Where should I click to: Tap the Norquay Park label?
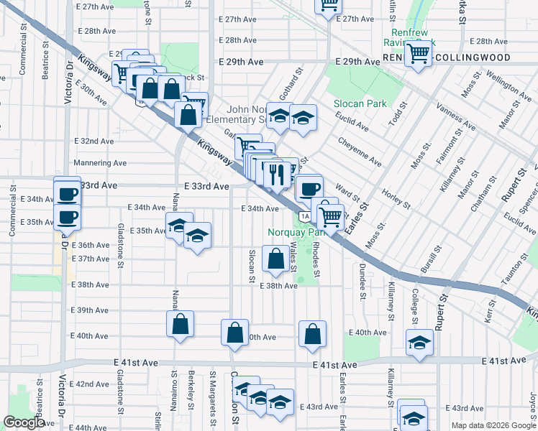(297, 232)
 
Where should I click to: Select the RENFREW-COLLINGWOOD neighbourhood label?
(446, 57)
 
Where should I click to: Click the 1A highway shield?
(305, 216)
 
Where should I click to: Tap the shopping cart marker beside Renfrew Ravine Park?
(417, 52)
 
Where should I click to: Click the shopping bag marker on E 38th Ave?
(275, 259)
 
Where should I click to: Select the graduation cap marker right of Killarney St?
(419, 343)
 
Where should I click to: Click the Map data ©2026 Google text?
(493, 425)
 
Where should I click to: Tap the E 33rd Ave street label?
(206, 186)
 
